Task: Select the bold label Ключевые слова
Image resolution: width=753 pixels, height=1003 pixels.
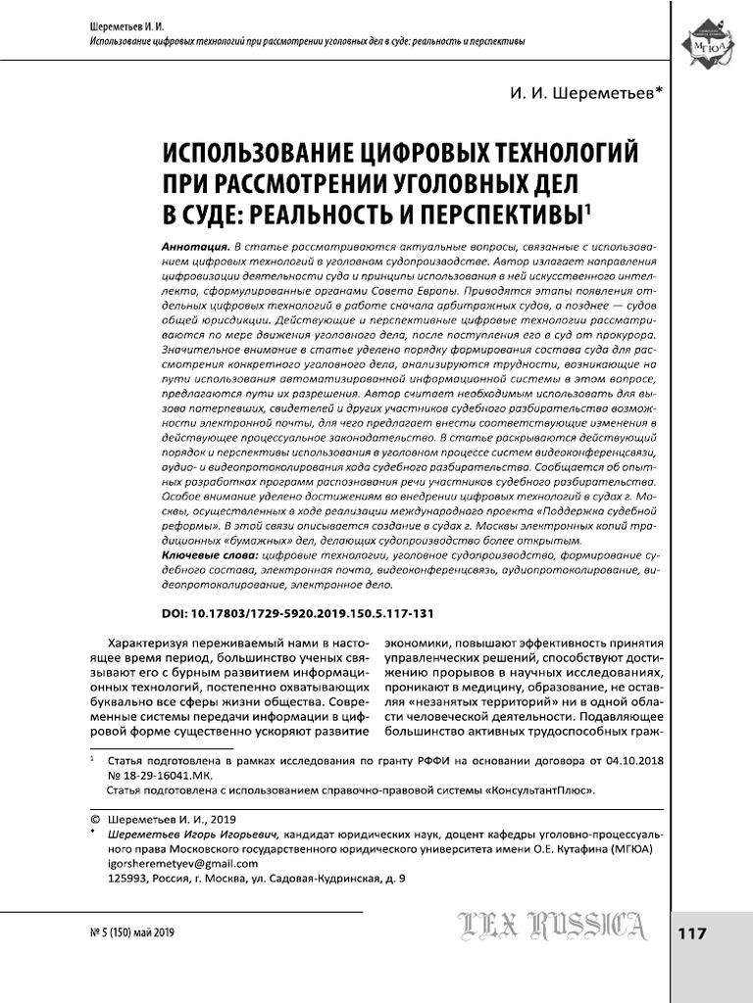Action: [209, 555]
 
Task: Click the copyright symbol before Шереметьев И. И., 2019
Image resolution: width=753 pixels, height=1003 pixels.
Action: [95, 819]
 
